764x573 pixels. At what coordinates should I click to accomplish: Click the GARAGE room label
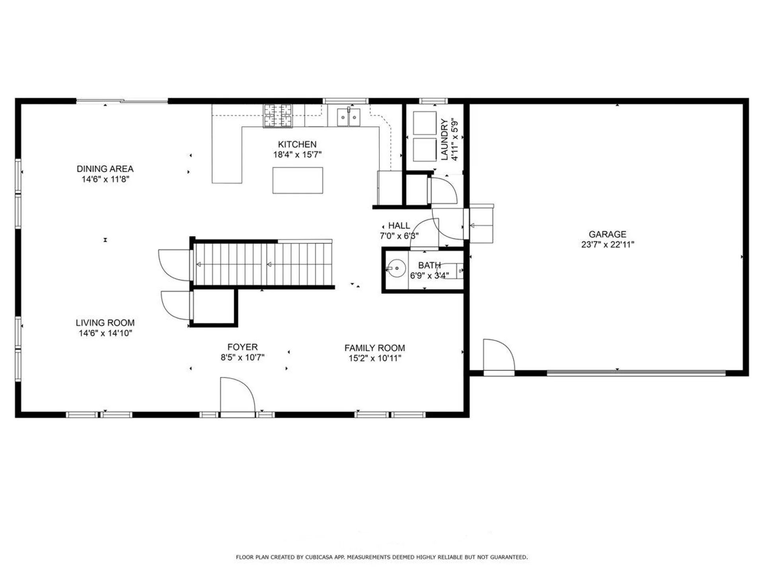(x=607, y=234)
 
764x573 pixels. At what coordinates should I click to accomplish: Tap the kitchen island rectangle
(x=298, y=180)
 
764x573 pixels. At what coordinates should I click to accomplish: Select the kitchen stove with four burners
(x=277, y=115)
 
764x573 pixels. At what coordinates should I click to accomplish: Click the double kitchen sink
(x=349, y=117)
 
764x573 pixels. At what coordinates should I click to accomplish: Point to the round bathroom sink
(x=396, y=268)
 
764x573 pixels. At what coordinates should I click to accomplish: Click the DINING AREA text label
(x=105, y=169)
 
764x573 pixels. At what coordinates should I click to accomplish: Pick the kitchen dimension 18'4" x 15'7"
(x=297, y=154)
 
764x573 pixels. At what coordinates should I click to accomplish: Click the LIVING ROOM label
(x=105, y=323)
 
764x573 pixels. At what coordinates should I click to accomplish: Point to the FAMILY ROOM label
(x=375, y=348)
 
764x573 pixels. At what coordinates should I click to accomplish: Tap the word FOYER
(x=242, y=347)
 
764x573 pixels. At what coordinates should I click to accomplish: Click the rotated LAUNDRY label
(x=444, y=139)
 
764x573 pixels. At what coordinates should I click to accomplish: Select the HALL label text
(x=399, y=226)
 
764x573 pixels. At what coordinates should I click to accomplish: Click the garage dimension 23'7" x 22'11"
(x=608, y=244)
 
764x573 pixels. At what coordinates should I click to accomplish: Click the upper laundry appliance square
(x=425, y=123)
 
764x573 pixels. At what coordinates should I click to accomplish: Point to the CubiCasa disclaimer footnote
(x=382, y=557)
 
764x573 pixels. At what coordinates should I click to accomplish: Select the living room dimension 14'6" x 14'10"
(x=105, y=333)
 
